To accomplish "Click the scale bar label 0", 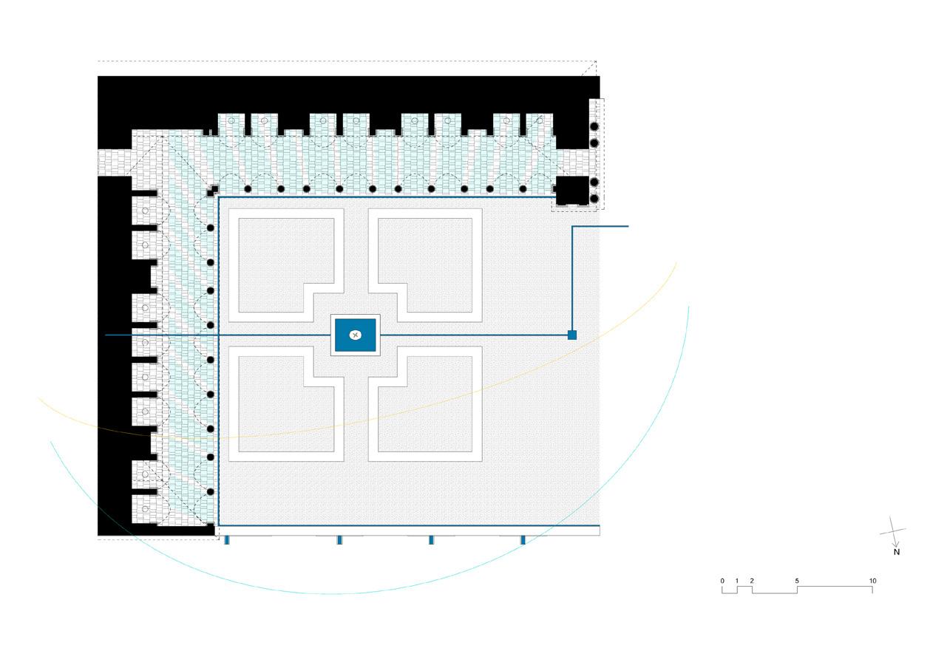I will pyautogui.click(x=722, y=581).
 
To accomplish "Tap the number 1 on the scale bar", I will pyautogui.click(x=737, y=581).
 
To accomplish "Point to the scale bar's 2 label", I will pyautogui.click(x=752, y=581).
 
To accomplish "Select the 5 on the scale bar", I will pyautogui.click(x=797, y=581).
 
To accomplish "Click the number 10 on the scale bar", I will pyautogui.click(x=872, y=581).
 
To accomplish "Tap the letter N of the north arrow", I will pyautogui.click(x=896, y=552).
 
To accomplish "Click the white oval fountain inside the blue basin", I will pyautogui.click(x=355, y=335).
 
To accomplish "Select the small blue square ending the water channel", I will pyautogui.click(x=571, y=335).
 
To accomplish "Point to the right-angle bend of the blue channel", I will pyautogui.click(x=572, y=227).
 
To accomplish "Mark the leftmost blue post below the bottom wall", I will pyautogui.click(x=227, y=540).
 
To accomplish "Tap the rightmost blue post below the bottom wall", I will pyautogui.click(x=523, y=540).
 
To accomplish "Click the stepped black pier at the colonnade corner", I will pyautogui.click(x=213, y=190).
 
